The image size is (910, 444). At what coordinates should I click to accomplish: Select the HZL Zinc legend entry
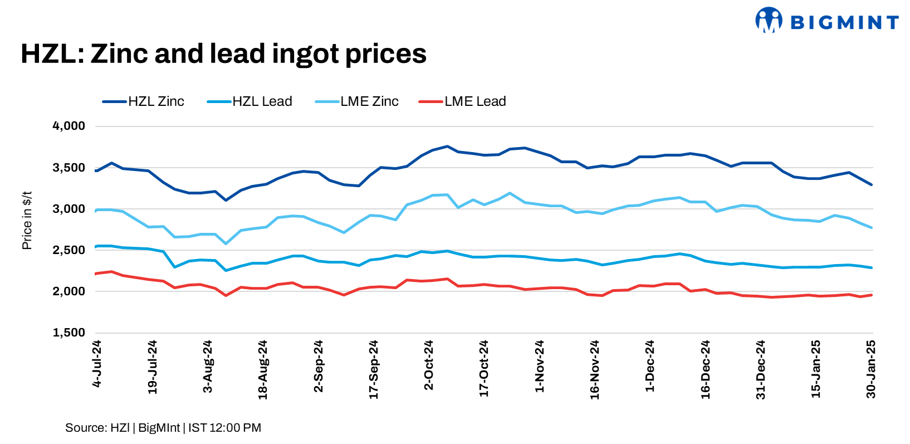[x=144, y=101]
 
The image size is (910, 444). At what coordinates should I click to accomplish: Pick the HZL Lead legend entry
[x=250, y=101]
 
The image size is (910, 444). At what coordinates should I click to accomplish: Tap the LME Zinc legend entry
[x=357, y=101]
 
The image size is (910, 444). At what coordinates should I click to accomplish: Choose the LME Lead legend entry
[x=462, y=101]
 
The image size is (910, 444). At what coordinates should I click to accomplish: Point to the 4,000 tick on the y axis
[x=69, y=126]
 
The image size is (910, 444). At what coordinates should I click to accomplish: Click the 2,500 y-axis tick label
[x=69, y=250]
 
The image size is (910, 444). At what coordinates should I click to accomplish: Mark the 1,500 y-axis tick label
[x=69, y=333]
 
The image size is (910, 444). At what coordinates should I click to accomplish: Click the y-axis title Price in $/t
[x=27, y=221]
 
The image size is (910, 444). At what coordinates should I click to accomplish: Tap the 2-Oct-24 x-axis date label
[x=429, y=365]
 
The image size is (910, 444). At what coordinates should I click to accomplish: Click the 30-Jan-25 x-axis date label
[x=872, y=369]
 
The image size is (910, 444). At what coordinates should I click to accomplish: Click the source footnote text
[x=163, y=428]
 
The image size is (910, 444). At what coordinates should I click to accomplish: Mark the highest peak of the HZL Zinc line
[x=447, y=147]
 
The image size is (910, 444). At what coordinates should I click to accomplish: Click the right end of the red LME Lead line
[x=871, y=295]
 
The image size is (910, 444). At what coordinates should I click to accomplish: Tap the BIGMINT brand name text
[x=844, y=22]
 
